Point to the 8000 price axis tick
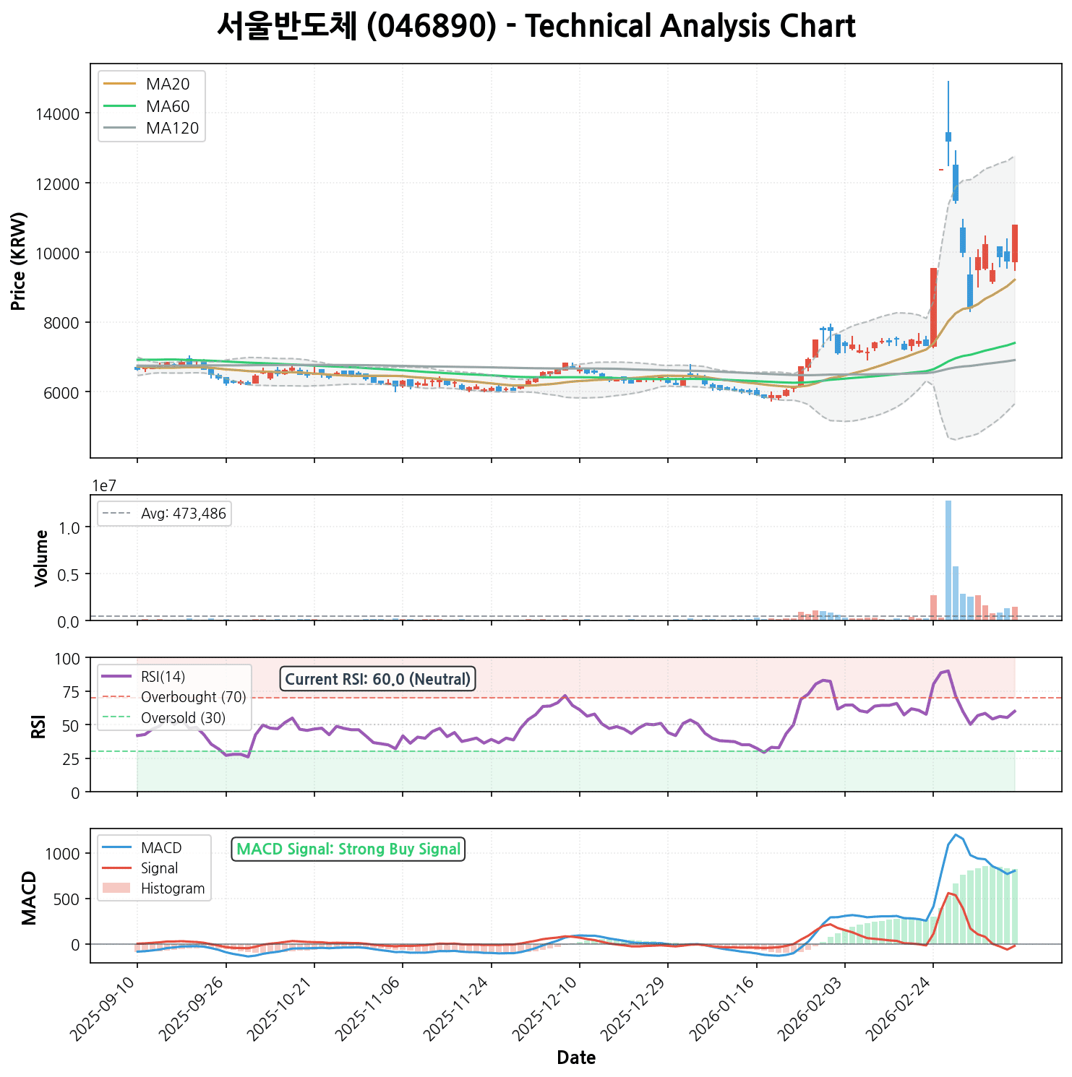61,323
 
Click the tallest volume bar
948,560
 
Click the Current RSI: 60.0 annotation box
377,679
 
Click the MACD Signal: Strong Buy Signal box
348,849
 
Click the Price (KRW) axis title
20,261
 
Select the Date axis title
576,1058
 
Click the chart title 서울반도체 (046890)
536,27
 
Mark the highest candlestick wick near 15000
948,82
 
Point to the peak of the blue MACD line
956,835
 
